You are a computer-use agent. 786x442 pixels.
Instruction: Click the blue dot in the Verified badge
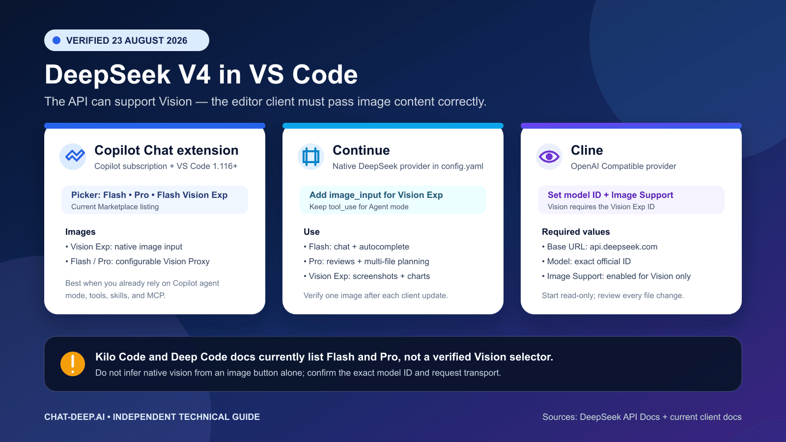click(56, 40)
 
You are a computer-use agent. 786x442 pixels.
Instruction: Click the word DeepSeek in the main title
click(108, 75)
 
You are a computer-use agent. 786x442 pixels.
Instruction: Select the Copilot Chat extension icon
click(73, 157)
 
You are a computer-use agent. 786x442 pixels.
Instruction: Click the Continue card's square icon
click(311, 157)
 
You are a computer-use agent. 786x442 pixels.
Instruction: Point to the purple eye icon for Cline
click(549, 157)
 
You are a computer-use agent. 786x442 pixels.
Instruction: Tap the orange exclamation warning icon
click(73, 364)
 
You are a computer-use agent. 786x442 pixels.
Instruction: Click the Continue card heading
click(361, 150)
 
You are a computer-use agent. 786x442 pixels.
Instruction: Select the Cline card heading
click(587, 150)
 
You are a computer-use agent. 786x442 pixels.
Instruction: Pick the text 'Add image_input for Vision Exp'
click(376, 195)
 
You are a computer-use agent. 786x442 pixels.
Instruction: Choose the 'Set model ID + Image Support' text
click(610, 195)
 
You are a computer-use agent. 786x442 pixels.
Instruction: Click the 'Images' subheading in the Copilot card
click(81, 232)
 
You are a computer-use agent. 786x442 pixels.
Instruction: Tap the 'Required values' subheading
click(576, 232)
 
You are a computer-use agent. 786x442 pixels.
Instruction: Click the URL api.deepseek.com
click(623, 247)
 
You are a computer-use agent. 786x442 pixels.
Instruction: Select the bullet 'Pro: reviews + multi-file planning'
click(366, 262)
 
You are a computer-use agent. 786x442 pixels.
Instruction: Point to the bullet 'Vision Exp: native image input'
click(124, 247)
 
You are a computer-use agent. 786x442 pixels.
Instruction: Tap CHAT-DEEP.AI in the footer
click(74, 417)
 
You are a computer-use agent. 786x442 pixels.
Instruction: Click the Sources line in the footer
click(642, 417)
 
